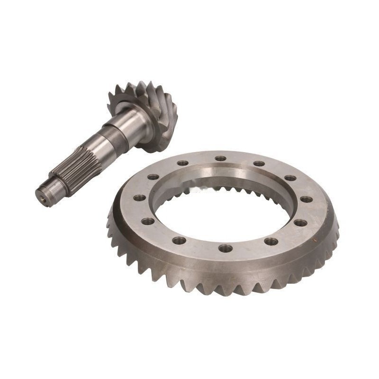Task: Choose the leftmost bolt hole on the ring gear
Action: click(x=139, y=198)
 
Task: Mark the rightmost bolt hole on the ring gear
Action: click(x=306, y=199)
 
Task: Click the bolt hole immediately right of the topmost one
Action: click(x=259, y=163)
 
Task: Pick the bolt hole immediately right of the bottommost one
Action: click(x=271, y=241)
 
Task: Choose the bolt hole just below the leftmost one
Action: click(x=147, y=221)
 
